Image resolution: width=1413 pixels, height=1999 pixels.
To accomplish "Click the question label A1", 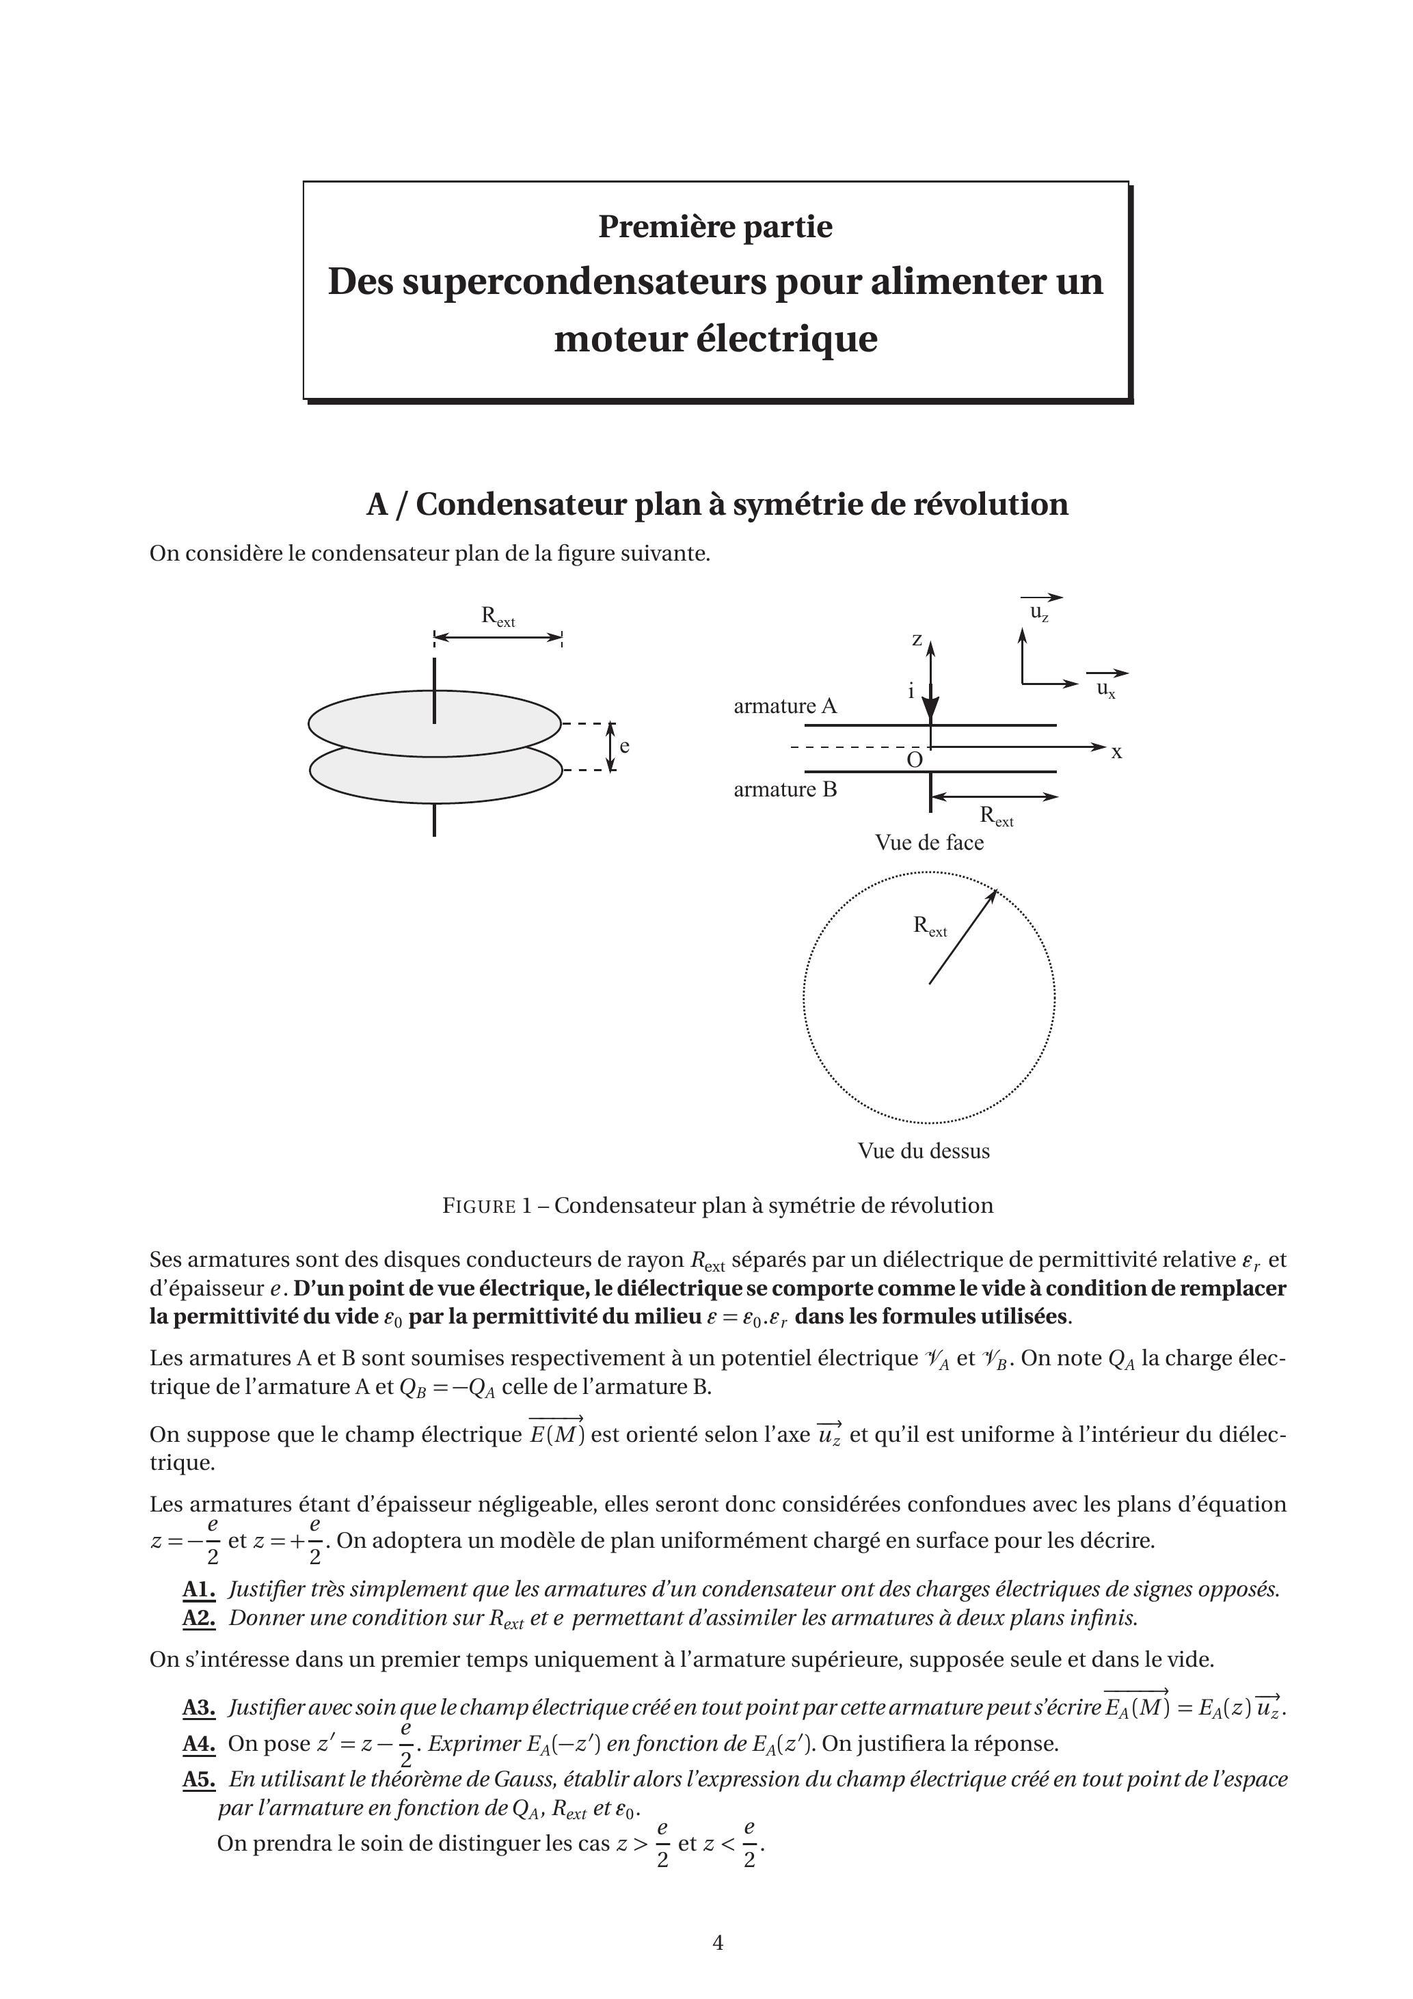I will (x=198, y=1589).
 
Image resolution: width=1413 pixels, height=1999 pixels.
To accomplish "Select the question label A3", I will (x=198, y=1708).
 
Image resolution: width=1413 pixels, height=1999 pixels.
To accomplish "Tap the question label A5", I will (x=198, y=1780).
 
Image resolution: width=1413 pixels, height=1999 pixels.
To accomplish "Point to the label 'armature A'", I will (x=784, y=706).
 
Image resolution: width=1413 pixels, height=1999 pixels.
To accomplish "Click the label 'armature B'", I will (x=784, y=790).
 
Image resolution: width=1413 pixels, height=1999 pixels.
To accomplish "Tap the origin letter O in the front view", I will (x=914, y=760).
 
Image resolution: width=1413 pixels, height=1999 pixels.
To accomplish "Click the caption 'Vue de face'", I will (x=929, y=843).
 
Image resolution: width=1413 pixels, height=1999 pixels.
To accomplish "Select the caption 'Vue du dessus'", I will (x=924, y=1151).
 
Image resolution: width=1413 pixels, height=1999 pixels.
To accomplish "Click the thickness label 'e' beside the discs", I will (x=624, y=746).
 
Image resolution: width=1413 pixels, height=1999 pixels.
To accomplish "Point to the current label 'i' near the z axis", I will (x=911, y=691).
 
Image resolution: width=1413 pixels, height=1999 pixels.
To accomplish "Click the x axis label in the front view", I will (x=1116, y=752).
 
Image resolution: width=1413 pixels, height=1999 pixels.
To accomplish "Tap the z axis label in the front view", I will (x=917, y=640).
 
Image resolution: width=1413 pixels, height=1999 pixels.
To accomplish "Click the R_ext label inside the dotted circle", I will (x=929, y=926).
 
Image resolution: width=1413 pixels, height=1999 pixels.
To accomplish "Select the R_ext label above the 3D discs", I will (x=498, y=617).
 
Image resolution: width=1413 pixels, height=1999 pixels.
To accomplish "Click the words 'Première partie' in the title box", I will (x=715, y=226).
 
